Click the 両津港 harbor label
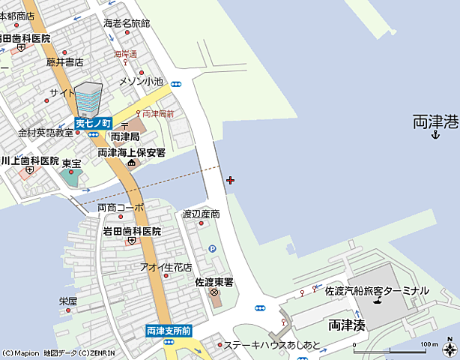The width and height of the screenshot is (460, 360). click(x=435, y=121)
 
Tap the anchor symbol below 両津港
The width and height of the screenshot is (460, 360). click(x=435, y=135)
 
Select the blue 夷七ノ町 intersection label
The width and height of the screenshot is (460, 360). click(x=94, y=123)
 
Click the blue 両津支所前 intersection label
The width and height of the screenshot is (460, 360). click(x=169, y=330)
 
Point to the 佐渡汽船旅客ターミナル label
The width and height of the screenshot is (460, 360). click(x=377, y=290)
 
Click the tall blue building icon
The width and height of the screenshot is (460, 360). click(x=88, y=98)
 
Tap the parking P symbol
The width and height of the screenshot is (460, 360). click(x=212, y=248)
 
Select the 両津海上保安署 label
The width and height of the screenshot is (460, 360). click(x=131, y=152)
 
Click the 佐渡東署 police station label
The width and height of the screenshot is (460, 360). click(x=214, y=282)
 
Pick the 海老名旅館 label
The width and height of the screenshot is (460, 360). click(x=127, y=23)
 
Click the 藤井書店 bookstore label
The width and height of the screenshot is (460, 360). click(x=64, y=61)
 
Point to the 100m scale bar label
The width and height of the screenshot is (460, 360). click(x=429, y=344)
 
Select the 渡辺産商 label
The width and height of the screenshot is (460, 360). click(x=202, y=214)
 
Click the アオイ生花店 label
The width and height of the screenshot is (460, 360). click(x=166, y=267)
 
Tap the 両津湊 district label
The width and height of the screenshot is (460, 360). click(x=347, y=325)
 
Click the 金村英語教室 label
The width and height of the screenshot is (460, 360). click(x=46, y=133)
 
